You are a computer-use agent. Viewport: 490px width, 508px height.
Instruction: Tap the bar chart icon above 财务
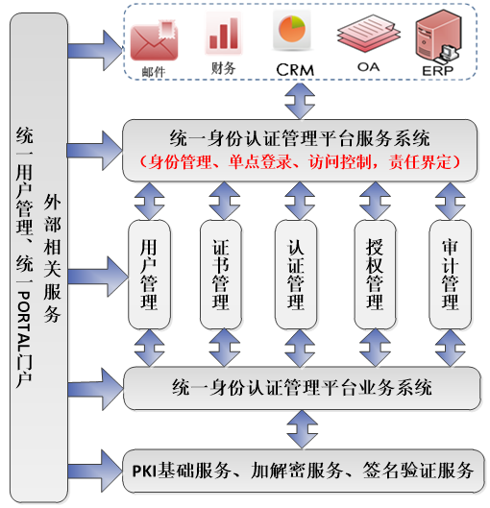[222, 35]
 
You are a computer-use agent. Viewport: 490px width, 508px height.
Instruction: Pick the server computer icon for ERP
[435, 36]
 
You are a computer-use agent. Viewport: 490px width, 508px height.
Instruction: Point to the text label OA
[367, 68]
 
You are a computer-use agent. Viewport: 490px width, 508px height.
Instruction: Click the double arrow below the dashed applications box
[302, 99]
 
